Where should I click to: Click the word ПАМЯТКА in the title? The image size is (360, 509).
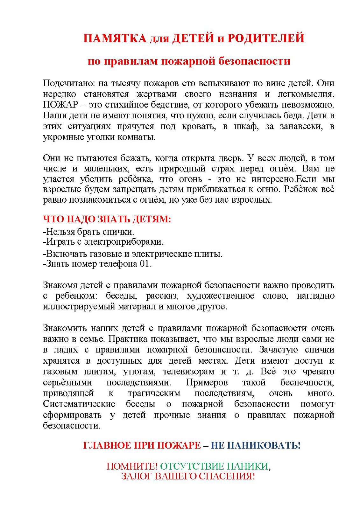pyautogui.click(x=115, y=38)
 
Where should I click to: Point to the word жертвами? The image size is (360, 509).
pyautogui.click(x=156, y=94)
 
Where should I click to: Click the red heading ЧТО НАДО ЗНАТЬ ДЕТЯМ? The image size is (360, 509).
pyautogui.click(x=107, y=219)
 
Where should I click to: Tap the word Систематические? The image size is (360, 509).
pyautogui.click(x=79, y=404)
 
